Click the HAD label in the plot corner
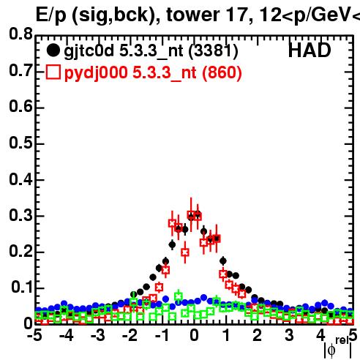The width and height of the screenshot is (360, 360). tap(310, 50)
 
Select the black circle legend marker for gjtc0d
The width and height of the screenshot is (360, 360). tap(53, 50)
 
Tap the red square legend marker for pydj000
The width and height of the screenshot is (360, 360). tap(53, 72)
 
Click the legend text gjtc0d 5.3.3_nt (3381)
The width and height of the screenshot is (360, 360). tap(151, 51)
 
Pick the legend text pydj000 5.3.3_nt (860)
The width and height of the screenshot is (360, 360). tap(153, 73)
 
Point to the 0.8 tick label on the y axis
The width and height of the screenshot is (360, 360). tap(20, 34)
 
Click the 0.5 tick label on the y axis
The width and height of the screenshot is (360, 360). tap(20, 143)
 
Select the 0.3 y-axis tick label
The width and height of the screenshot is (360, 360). tap(20, 215)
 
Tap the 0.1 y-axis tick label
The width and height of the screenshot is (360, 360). tap(21, 287)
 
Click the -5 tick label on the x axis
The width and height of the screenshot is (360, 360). tap(34, 335)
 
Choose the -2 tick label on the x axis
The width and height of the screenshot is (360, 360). tap(130, 335)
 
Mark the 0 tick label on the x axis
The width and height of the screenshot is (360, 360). tap(194, 335)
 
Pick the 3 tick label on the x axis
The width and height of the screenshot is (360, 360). tap(289, 335)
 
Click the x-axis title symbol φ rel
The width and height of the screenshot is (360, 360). tap(337, 348)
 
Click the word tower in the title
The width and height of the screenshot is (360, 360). tap(193, 15)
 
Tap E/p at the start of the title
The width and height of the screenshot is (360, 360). tap(50, 15)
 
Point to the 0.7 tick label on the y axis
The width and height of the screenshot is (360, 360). tap(20, 70)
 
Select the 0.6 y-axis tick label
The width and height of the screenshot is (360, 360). tap(20, 106)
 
